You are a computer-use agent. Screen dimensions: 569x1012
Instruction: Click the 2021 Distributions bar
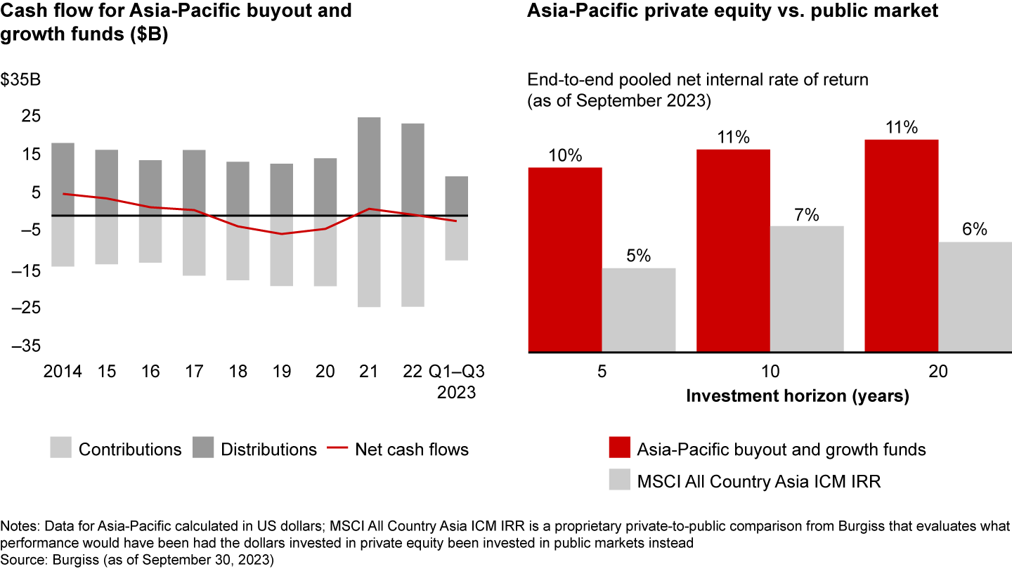(x=369, y=166)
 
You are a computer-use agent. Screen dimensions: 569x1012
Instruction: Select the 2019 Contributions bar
(x=282, y=251)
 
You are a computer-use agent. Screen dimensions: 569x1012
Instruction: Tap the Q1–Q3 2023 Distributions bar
(x=456, y=195)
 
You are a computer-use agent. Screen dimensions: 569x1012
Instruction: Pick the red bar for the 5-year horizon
(x=565, y=259)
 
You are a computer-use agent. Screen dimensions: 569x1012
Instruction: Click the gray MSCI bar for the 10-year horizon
(x=807, y=289)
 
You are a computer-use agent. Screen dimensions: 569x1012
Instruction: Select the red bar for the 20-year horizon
(x=901, y=245)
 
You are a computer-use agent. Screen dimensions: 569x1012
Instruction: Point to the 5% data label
(x=638, y=256)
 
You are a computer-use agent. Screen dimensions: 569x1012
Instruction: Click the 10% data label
(x=565, y=155)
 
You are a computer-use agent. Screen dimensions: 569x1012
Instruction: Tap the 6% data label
(x=974, y=230)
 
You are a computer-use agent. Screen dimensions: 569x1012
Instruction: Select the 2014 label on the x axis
(x=63, y=372)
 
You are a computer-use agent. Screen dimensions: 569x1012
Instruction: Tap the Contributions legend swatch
(x=60, y=449)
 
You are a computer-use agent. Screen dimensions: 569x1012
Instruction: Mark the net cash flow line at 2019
(x=282, y=233)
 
